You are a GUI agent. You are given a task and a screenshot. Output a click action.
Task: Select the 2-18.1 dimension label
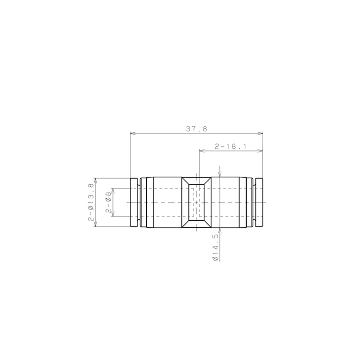(x=230, y=146)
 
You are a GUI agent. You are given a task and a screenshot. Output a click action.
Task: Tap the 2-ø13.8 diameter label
(x=91, y=202)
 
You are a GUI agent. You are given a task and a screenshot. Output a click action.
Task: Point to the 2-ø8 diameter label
(x=108, y=202)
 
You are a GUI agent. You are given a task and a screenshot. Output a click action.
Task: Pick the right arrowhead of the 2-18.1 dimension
(x=260, y=151)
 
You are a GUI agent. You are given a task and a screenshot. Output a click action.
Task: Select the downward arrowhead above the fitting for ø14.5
(x=220, y=174)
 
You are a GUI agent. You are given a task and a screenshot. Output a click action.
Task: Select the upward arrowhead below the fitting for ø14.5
(x=220, y=231)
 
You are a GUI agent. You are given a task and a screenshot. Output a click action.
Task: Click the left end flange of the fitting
(x=134, y=202)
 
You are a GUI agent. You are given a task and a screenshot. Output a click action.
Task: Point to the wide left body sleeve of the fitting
(x=164, y=202)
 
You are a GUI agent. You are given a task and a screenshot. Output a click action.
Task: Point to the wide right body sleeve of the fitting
(x=228, y=202)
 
